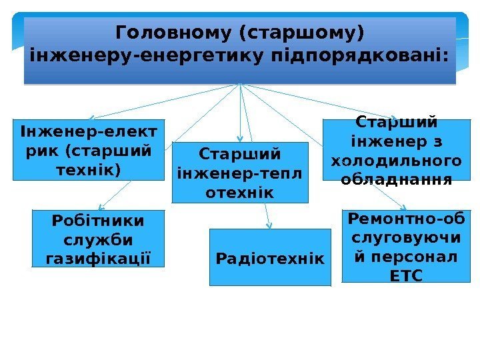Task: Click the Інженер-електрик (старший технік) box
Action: point(88,150)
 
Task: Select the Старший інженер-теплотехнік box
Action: point(240,173)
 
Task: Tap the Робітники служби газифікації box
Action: point(99,238)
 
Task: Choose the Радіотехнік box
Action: point(270,257)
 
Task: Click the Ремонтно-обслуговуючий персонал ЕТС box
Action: point(405,246)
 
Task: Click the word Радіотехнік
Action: point(270,258)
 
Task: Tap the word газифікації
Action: point(99,258)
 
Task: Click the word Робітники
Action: point(99,219)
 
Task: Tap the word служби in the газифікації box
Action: point(99,239)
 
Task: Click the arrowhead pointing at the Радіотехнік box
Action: point(268,225)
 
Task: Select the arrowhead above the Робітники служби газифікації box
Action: point(100,206)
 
